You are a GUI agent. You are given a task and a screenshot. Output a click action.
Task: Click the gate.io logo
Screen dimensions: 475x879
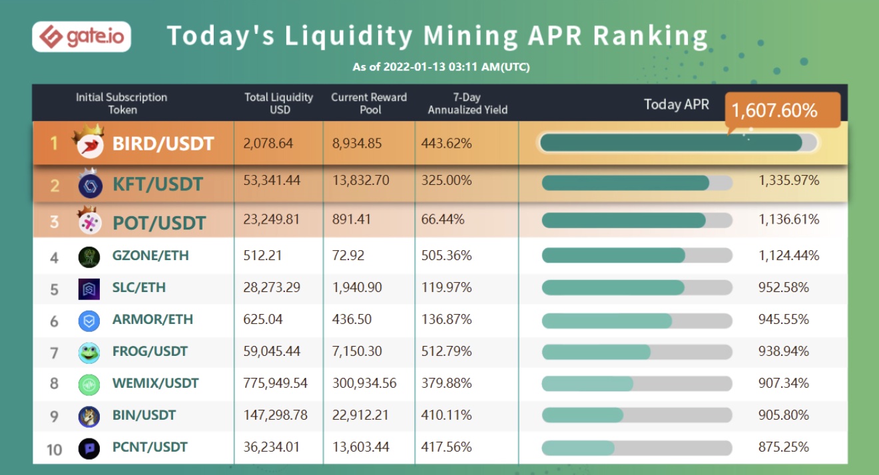[81, 37]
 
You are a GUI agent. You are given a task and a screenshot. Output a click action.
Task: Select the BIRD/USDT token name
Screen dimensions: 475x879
[163, 143]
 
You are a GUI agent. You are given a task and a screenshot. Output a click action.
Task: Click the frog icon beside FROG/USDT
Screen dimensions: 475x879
[89, 352]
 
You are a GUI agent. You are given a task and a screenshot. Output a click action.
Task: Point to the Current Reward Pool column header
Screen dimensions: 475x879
[369, 103]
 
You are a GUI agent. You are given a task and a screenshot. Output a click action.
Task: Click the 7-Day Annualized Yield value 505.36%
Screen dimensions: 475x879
[446, 255]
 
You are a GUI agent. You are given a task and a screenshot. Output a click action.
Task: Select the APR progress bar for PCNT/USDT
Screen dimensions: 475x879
[637, 448]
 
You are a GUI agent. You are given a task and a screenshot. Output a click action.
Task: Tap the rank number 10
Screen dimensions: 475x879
[54, 449]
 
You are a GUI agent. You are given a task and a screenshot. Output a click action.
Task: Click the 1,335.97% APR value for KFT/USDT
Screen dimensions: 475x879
[789, 180]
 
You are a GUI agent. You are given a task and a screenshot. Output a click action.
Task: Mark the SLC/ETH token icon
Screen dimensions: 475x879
[89, 289]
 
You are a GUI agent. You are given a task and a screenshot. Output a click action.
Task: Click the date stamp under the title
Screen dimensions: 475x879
[441, 67]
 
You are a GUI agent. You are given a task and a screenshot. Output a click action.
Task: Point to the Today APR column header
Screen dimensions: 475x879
[676, 104]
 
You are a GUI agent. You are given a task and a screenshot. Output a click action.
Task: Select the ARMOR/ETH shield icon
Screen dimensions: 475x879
[89, 321]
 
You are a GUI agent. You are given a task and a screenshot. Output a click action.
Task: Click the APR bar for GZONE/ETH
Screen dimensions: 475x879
[637, 255]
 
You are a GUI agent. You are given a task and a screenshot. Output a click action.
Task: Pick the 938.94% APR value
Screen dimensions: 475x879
[784, 351]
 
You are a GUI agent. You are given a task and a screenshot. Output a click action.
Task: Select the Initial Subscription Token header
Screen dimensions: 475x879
[122, 103]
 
